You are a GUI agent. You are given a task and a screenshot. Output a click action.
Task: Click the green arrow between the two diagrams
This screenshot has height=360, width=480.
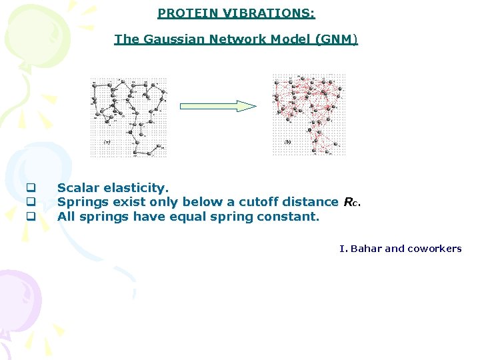[218, 106]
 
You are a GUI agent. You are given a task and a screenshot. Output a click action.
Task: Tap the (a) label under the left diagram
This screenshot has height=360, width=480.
[107, 141]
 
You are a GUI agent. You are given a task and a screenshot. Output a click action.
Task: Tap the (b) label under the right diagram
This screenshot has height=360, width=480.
[287, 141]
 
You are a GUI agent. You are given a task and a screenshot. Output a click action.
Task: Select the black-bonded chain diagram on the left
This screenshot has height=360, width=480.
[129, 117]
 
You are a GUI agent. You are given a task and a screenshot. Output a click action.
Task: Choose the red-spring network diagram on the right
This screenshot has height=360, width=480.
[309, 113]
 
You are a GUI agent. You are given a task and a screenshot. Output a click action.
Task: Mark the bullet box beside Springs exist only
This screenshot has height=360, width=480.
[29, 202]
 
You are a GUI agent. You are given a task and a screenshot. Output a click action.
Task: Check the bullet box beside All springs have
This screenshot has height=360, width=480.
[29, 216]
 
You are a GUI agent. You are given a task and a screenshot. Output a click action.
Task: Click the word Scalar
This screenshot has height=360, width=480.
[78, 188]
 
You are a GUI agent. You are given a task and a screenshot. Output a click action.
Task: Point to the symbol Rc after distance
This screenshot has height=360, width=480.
[351, 202]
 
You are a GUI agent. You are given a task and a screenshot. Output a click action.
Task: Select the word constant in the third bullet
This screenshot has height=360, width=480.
[293, 216]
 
